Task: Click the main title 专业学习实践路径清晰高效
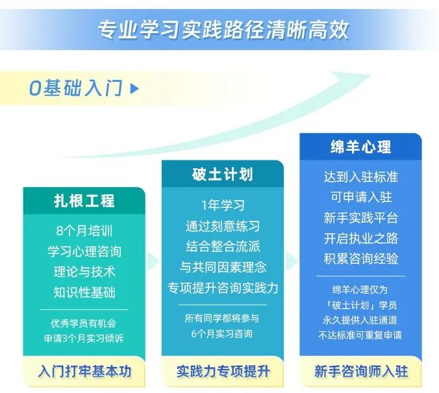click(x=223, y=29)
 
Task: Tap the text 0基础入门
click(x=76, y=88)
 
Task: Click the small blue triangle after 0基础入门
click(x=134, y=88)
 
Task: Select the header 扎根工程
click(x=84, y=201)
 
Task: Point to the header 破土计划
click(x=223, y=174)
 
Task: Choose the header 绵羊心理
click(x=360, y=147)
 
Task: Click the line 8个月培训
click(x=84, y=231)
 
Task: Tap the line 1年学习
click(x=223, y=205)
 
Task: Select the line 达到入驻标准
click(x=361, y=177)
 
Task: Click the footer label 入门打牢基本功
click(x=84, y=371)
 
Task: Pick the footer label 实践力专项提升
click(x=223, y=371)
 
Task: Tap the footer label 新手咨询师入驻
click(x=361, y=371)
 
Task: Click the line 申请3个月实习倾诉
click(x=84, y=338)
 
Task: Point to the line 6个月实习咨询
click(x=221, y=334)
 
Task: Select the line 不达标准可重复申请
click(x=360, y=335)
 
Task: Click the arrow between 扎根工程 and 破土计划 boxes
click(x=153, y=261)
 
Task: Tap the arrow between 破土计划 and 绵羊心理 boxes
click(x=291, y=261)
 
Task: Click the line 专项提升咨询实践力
click(x=223, y=288)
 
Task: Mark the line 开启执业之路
click(x=361, y=238)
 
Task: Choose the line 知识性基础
click(x=84, y=292)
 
